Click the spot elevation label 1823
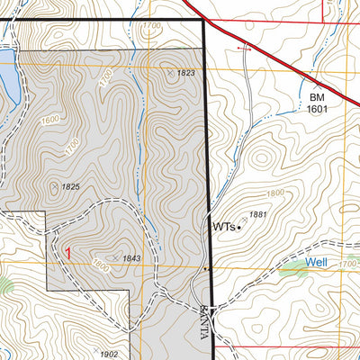pyautogui.click(x=186, y=73)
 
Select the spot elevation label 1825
pyautogui.click(x=72, y=186)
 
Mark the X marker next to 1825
pyautogui.click(x=55, y=185)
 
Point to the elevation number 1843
pyautogui.click(x=131, y=259)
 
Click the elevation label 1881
pyautogui.click(x=259, y=214)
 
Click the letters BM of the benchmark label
pyautogui.click(x=317, y=95)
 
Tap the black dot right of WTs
pyautogui.click(x=239, y=228)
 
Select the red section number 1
pyautogui.click(x=67, y=254)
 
